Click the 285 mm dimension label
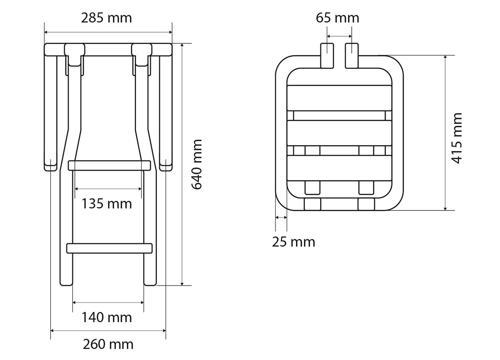click(x=106, y=18)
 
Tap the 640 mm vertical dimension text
click(x=197, y=164)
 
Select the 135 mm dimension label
click(x=106, y=204)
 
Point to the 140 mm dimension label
click(x=106, y=317)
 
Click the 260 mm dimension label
click(x=108, y=344)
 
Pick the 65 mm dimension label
click(x=337, y=18)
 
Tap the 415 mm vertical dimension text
click(x=457, y=138)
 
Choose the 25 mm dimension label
click(x=294, y=242)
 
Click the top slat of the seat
click(x=339, y=98)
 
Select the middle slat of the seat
click(x=339, y=133)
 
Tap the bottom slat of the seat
click(x=339, y=168)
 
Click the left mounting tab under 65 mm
click(x=327, y=55)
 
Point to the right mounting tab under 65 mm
click(x=352, y=55)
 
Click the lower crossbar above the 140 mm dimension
click(x=109, y=248)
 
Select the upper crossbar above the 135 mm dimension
click(x=109, y=165)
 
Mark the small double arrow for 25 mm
click(x=281, y=217)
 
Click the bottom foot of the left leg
click(x=66, y=282)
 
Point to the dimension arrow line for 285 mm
click(x=108, y=32)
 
